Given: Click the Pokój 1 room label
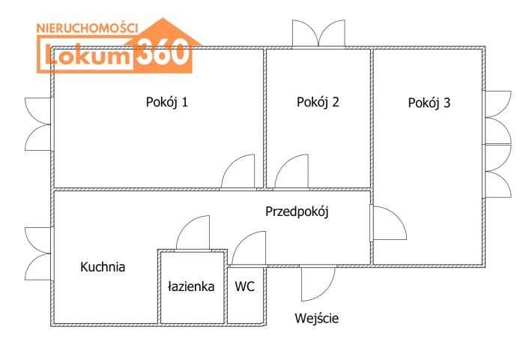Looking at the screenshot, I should tap(166, 103).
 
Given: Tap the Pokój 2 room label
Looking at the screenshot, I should tap(318, 103).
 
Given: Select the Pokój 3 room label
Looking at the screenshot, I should tap(429, 103).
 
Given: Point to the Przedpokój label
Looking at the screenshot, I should tap(297, 211).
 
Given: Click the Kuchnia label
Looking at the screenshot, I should tap(103, 266).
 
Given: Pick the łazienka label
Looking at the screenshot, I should tap(191, 286).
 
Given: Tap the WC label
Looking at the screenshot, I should tap(245, 286).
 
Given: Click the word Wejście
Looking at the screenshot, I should tap(316, 318).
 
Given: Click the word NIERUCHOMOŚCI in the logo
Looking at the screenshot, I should tap(88, 27).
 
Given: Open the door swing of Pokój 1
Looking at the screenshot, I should tap(240, 172).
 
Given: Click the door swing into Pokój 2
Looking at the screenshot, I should tap(292, 172).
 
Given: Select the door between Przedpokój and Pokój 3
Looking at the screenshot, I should tap(387, 223).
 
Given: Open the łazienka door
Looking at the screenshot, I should tap(194, 233).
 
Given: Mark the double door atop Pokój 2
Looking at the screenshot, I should tap(318, 33).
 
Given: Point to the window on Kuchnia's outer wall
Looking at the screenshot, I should tap(37, 252).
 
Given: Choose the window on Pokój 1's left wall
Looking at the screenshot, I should tap(37, 123).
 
